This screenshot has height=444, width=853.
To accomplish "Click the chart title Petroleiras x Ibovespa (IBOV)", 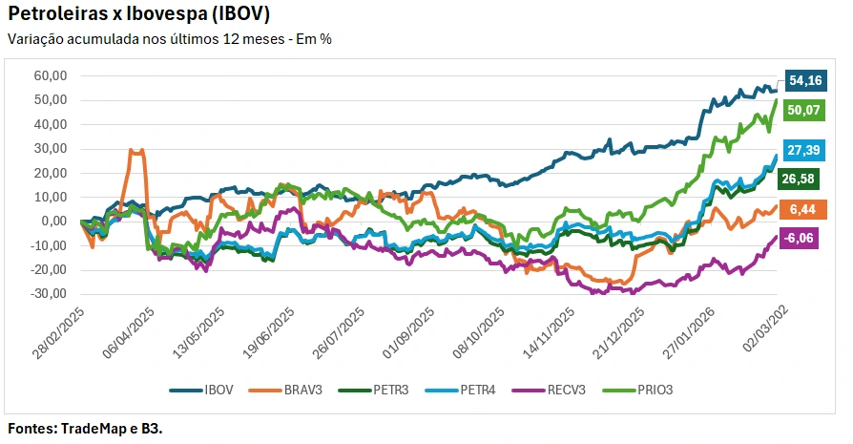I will point(138,14).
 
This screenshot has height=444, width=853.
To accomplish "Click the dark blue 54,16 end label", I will point(805,81).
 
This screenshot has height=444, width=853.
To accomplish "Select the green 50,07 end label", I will point(805,110).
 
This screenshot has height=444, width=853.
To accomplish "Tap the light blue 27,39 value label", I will point(805,150).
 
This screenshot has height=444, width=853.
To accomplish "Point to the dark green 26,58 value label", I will point(805,179).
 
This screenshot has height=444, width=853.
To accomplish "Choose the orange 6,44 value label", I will point(805,209).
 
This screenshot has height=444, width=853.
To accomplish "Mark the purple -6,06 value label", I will point(805,239).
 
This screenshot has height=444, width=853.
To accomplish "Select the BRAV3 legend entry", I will point(289,390).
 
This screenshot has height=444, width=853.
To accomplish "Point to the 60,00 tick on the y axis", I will point(50,75).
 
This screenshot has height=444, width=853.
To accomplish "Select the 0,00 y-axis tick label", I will point(52,222).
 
